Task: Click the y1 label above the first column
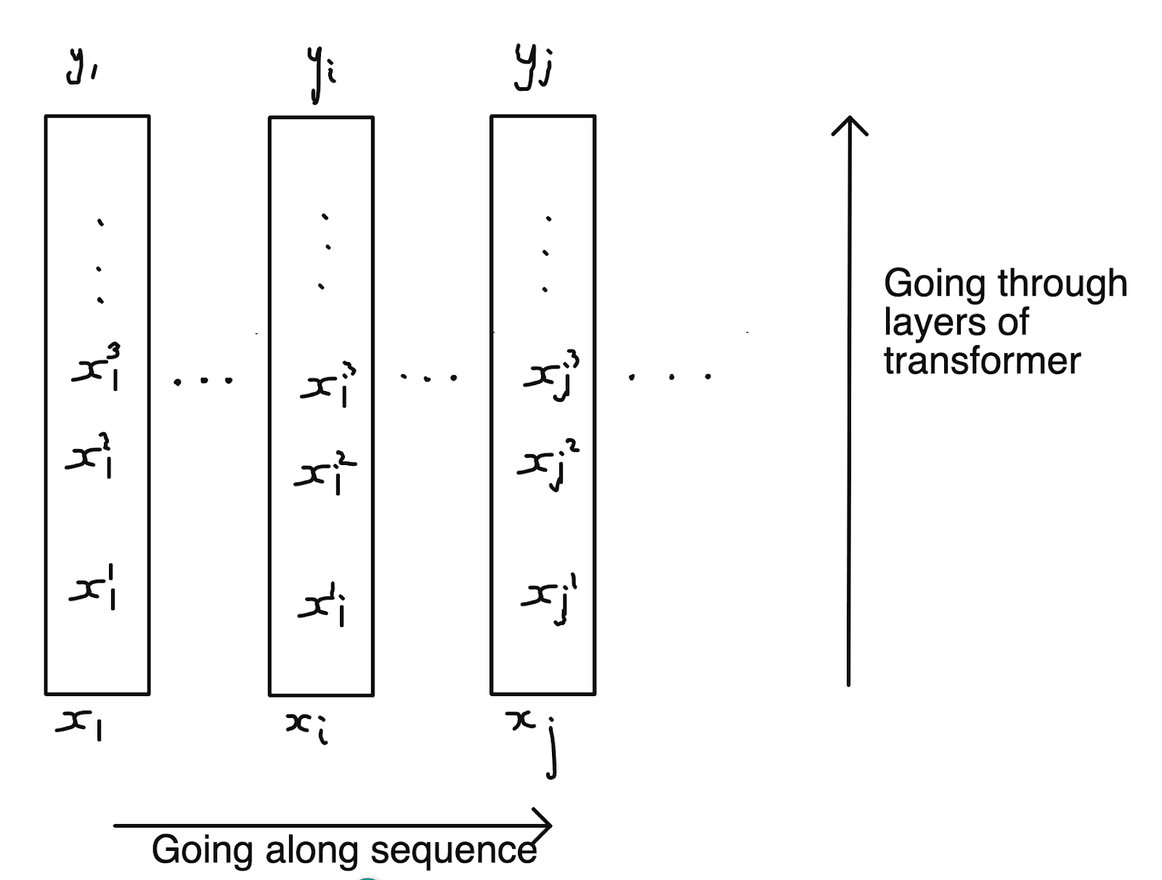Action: click(x=81, y=68)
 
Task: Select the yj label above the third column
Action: click(x=534, y=68)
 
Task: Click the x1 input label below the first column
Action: click(x=79, y=724)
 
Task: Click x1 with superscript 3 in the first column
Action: click(x=97, y=369)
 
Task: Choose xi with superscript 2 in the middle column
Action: click(x=325, y=474)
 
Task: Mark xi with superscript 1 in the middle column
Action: click(x=322, y=605)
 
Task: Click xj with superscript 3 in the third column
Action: click(x=550, y=376)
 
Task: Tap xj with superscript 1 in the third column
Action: click(x=548, y=597)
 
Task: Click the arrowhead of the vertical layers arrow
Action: click(x=849, y=125)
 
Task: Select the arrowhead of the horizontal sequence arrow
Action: click(x=543, y=825)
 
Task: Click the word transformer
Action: click(x=982, y=361)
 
